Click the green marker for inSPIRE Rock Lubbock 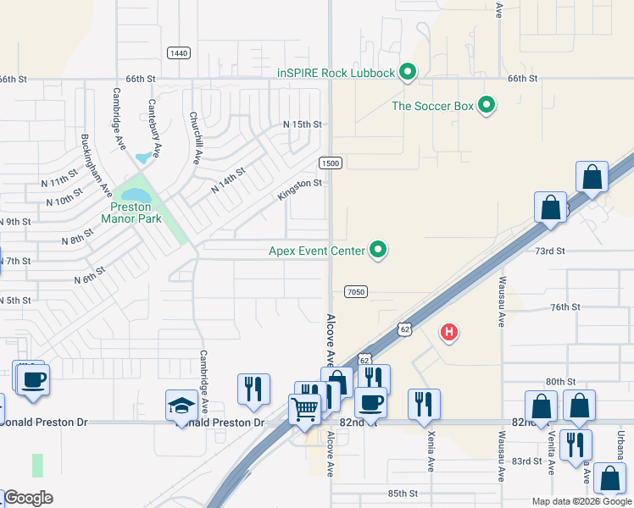coord(407,73)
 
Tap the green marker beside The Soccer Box coord(487,106)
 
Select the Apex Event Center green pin coord(380,250)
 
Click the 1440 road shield coord(178,53)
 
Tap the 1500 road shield coord(331,163)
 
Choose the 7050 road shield coord(356,291)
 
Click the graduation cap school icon coord(181,405)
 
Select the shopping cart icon coord(305,409)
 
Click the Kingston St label coord(301,190)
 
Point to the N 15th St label coord(303,124)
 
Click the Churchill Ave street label coord(196,138)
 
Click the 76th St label coord(565,306)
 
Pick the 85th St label coord(403,493)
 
